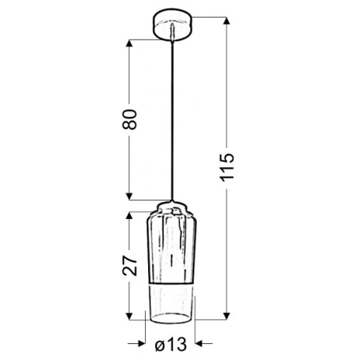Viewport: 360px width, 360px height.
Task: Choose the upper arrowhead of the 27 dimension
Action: (x=129, y=216)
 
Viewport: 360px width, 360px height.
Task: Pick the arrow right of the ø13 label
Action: (x=199, y=345)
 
